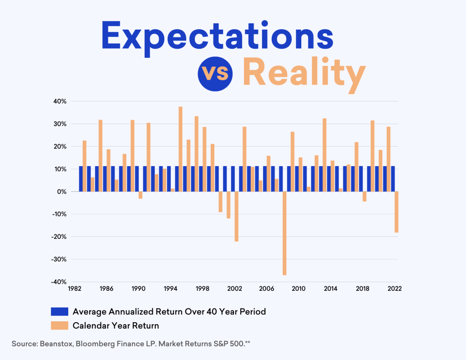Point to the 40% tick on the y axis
click(60, 101)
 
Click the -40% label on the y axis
click(59, 282)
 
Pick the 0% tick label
click(62, 192)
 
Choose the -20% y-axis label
click(59, 237)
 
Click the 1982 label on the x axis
click(75, 289)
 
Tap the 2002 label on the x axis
click(234, 289)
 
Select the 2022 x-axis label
click(394, 289)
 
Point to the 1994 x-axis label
click(171, 289)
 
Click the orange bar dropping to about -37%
click(284, 233)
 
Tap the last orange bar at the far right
click(396, 212)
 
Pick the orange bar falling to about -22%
click(237, 216)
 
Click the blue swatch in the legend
click(59, 312)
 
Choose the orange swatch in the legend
click(59, 325)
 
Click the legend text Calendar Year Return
click(116, 325)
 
